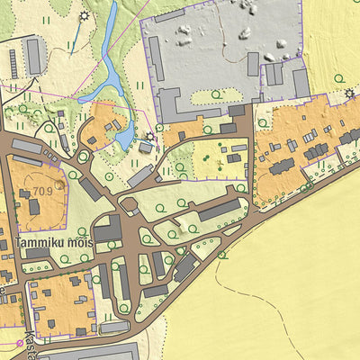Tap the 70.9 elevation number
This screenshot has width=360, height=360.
41,192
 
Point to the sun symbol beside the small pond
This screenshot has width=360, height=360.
149,137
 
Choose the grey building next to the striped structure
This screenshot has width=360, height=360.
34,56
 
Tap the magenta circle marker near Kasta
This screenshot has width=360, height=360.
19,343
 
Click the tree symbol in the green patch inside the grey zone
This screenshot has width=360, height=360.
225,95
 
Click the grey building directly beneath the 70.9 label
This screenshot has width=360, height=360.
33,208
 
